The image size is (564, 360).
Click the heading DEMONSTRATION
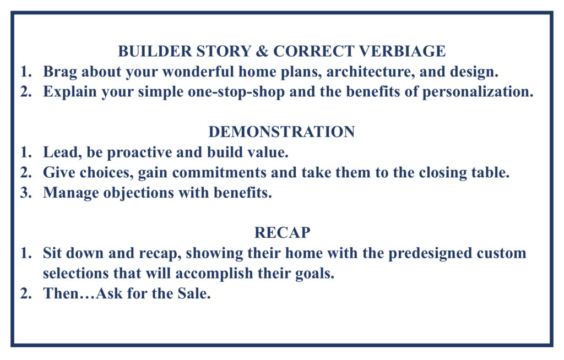coord(281,132)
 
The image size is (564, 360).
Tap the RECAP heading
coord(282,233)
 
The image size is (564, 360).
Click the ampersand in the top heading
coord(262,51)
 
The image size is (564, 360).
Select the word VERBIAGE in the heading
coord(403,51)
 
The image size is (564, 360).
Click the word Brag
coord(60,72)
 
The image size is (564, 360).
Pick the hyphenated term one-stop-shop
coord(236,92)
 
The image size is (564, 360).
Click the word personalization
coord(478,92)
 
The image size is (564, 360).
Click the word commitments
coord(219,173)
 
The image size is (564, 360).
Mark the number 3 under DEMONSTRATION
coord(25,193)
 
